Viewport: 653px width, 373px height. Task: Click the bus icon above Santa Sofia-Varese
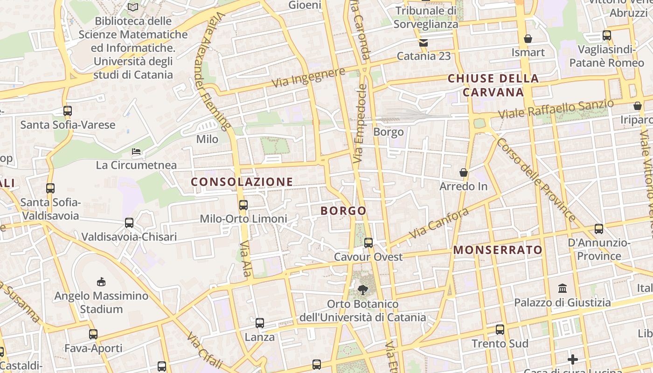68,111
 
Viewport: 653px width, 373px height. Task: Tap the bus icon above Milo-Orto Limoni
243,205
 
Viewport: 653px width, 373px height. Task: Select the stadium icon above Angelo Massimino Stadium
101,282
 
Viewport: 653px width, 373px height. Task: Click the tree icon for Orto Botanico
362,290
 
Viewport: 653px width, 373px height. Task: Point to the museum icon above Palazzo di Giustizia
563,288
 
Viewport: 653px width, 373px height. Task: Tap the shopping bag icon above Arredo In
464,173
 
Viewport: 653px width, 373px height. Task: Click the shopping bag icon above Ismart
528,39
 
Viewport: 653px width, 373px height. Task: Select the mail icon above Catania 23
424,43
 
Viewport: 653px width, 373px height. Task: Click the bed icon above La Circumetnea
136,152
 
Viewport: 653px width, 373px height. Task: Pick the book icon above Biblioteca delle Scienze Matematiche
133,7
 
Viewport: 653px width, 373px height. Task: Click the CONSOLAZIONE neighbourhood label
242,182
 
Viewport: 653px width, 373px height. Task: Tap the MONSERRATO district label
498,250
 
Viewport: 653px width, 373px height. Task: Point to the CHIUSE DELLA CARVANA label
493,85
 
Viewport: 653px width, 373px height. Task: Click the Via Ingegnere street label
309,78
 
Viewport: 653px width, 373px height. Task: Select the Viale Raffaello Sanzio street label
556,109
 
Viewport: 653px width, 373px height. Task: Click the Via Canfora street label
439,223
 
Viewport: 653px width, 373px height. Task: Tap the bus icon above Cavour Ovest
368,242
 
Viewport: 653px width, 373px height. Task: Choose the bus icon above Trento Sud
500,330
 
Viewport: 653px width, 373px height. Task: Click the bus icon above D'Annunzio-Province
599,229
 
